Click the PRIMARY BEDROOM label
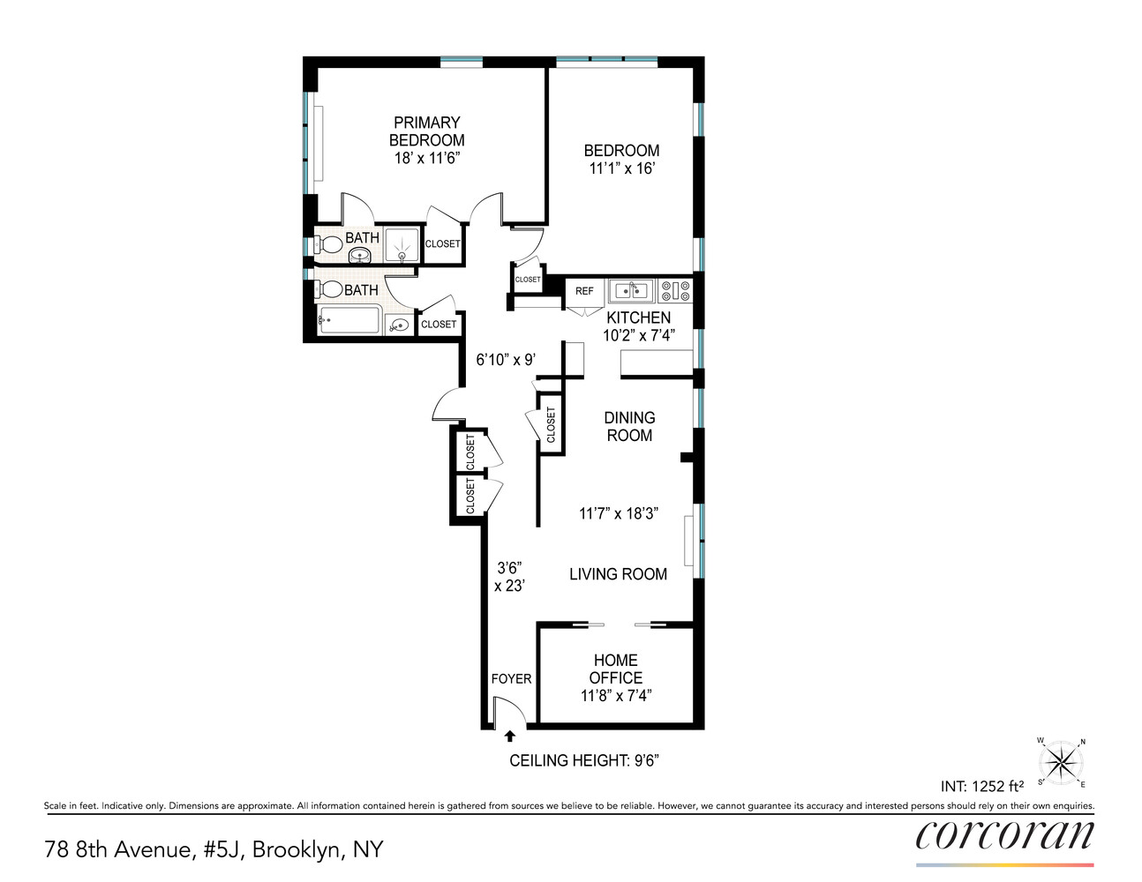(x=426, y=131)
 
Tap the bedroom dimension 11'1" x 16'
(x=621, y=168)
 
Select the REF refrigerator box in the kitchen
(x=584, y=291)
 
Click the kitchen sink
(x=631, y=290)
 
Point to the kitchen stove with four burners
(x=675, y=290)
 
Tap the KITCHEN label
(x=638, y=318)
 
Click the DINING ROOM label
(x=629, y=426)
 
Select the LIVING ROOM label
(x=618, y=574)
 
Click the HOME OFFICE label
(x=615, y=669)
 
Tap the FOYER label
(x=511, y=678)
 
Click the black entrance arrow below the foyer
(x=509, y=736)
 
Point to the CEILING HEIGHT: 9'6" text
(x=583, y=760)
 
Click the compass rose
(x=1061, y=762)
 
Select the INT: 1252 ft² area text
(x=981, y=786)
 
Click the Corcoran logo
(x=1004, y=835)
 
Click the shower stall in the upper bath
(x=402, y=245)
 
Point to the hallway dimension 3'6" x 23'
(x=509, y=577)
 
